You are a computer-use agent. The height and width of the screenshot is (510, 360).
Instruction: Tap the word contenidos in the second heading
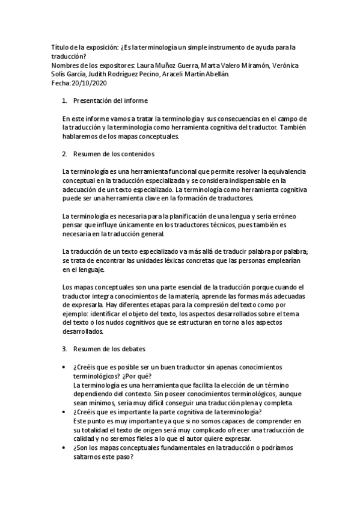tap(138, 153)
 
